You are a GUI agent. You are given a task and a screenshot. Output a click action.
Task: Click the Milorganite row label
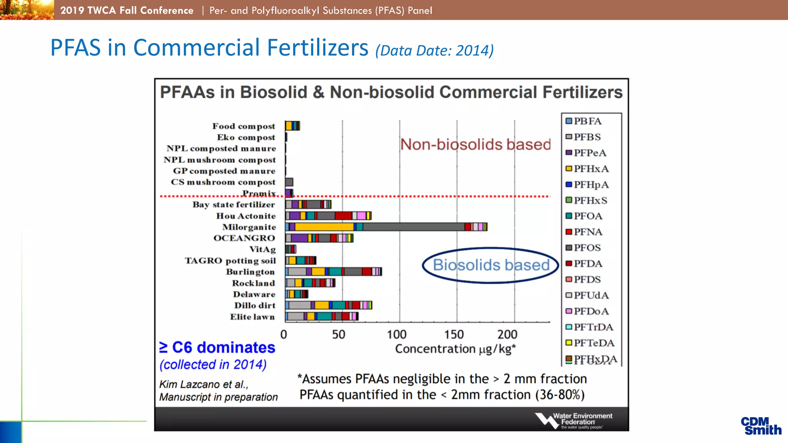pyautogui.click(x=249, y=227)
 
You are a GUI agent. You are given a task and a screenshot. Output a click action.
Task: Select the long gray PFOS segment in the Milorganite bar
pyautogui.click(x=413, y=227)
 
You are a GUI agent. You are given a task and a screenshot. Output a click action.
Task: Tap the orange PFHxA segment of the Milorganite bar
pyautogui.click(x=324, y=227)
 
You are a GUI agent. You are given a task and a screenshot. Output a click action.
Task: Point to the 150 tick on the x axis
pyautogui.click(x=454, y=334)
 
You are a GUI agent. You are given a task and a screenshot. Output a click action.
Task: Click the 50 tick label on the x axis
pyautogui.click(x=339, y=334)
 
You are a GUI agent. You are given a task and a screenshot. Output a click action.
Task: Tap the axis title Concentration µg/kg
pyautogui.click(x=455, y=349)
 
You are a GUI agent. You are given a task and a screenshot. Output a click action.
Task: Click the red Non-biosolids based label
pyautogui.click(x=476, y=145)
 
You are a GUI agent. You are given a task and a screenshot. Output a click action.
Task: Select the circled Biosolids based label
pyautogui.click(x=491, y=265)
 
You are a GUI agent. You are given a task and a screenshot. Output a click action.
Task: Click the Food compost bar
pyautogui.click(x=292, y=126)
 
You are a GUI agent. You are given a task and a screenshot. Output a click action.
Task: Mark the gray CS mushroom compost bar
pyautogui.click(x=289, y=182)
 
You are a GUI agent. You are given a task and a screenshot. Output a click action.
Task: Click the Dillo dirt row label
pyautogui.click(x=255, y=305)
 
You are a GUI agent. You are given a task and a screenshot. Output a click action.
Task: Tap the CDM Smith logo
pyautogui.click(x=761, y=426)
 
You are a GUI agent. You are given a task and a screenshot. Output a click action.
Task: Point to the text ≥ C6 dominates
pyautogui.click(x=217, y=347)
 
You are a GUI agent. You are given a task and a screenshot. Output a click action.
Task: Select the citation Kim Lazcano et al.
pyautogui.click(x=204, y=384)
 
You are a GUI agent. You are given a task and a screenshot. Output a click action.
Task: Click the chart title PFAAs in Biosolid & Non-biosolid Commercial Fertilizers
pyautogui.click(x=391, y=92)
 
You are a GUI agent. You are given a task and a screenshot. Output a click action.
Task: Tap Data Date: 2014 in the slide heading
pyautogui.click(x=434, y=50)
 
